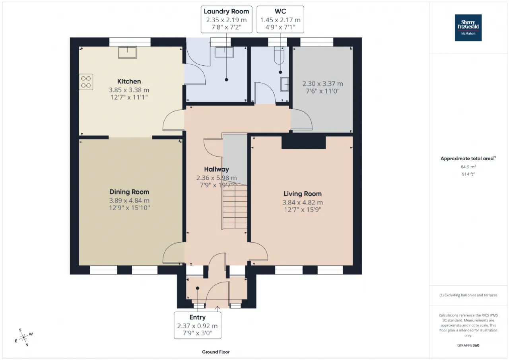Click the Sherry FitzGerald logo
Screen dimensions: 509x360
coord(468,28)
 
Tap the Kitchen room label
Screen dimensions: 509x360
coord(129,82)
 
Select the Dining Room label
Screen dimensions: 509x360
coord(129,192)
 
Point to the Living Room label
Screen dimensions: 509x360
coord(303,194)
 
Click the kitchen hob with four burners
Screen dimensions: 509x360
coord(86,82)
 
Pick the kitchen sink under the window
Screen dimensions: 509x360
coord(127,53)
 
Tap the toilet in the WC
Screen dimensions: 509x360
coord(279,55)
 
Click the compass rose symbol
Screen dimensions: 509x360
coord(23,337)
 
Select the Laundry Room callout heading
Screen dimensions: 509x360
coord(226,12)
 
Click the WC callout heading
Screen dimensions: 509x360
coord(280,12)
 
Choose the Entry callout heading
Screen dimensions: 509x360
coord(198,317)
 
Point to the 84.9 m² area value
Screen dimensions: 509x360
coord(468,167)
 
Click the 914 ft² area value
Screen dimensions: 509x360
coord(468,174)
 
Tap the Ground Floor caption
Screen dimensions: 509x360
coord(216,352)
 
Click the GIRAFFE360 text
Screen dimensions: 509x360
coord(468,345)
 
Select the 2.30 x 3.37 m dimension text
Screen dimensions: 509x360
coord(322,84)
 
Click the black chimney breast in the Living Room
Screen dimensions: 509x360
coord(303,142)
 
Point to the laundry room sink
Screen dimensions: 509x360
coord(224,52)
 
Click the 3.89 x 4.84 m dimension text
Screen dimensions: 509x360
coord(129,200)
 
